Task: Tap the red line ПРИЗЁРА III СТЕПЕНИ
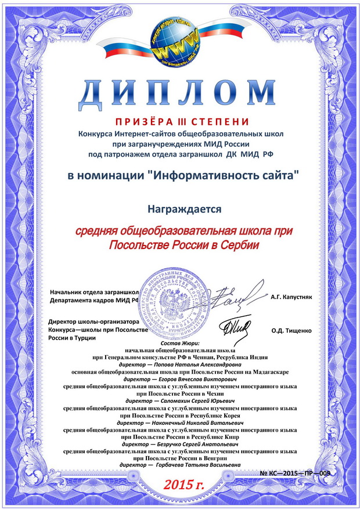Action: pos(181,121)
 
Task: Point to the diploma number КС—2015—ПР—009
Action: pos(296,474)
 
